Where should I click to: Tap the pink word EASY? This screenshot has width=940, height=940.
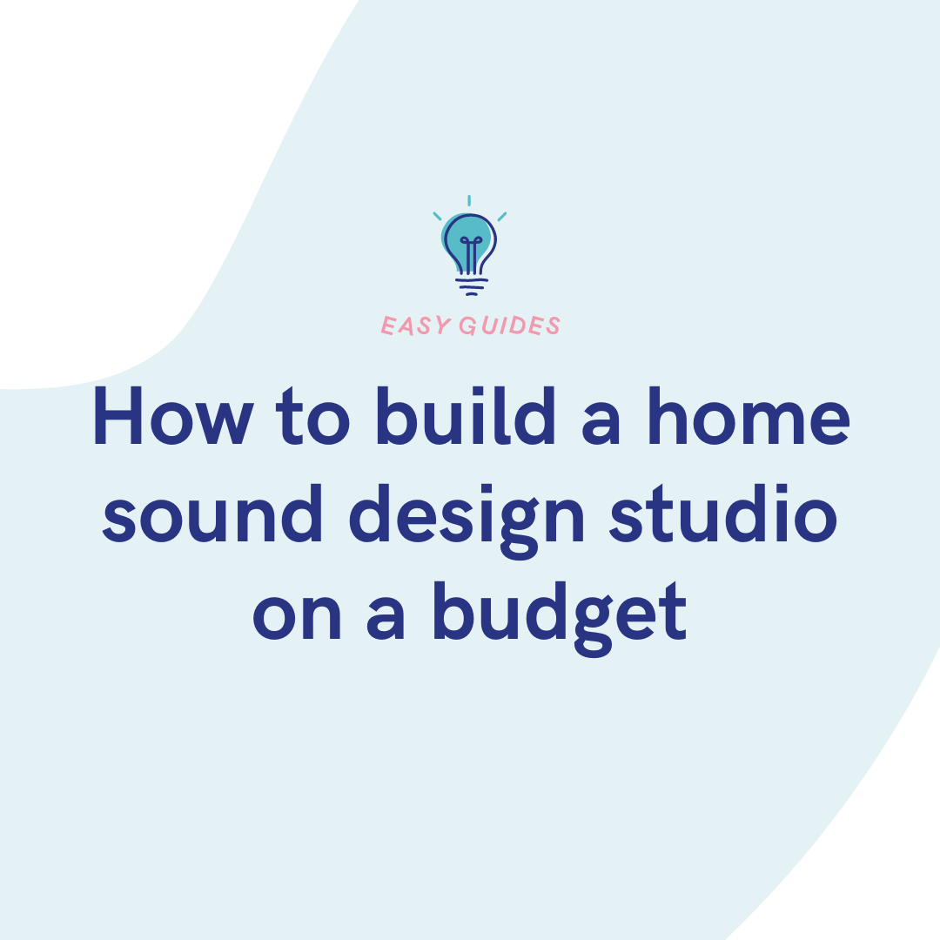tap(415, 326)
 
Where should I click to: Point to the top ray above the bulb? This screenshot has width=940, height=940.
tap(470, 201)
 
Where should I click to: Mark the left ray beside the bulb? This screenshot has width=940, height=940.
tap(437, 216)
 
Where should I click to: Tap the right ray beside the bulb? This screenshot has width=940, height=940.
tap(502, 216)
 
